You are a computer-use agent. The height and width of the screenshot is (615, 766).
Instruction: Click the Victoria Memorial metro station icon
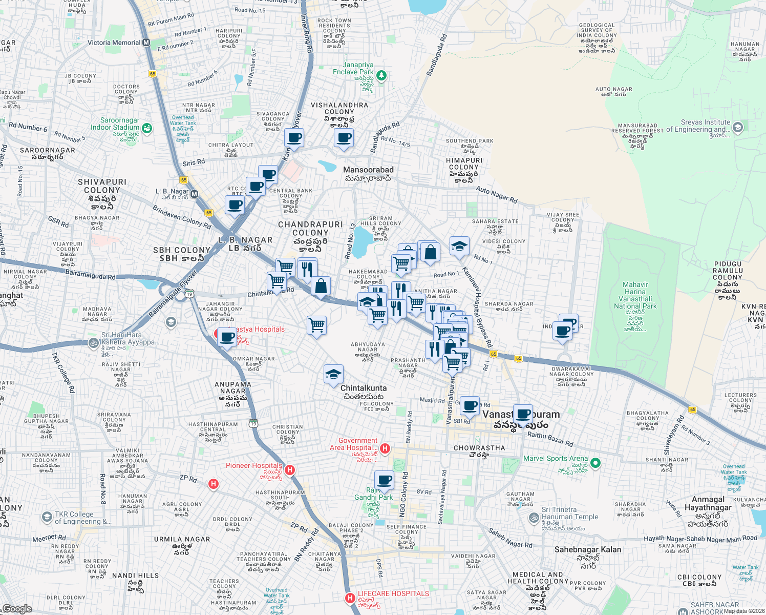click(146, 43)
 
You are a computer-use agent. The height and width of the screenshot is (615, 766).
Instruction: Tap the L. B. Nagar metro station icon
click(194, 194)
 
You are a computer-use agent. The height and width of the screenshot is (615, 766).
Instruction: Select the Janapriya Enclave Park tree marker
click(381, 76)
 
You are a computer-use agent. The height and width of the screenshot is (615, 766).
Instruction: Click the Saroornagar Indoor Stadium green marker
click(147, 128)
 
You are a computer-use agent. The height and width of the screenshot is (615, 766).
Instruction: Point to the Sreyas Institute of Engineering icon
click(738, 127)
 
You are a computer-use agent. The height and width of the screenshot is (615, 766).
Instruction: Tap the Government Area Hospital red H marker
click(385, 449)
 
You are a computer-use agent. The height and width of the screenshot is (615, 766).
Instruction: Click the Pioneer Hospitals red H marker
click(290, 470)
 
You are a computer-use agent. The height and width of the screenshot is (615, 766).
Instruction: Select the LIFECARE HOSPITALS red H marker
click(350, 598)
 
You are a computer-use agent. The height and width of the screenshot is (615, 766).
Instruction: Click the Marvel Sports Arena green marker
click(595, 463)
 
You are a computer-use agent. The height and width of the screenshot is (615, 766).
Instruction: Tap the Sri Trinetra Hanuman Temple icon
click(534, 517)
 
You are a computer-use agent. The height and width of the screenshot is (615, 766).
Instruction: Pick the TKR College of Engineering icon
click(47, 517)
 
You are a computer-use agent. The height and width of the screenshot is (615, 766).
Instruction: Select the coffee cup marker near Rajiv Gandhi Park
click(384, 480)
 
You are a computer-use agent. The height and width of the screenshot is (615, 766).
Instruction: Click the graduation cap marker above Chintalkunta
click(333, 374)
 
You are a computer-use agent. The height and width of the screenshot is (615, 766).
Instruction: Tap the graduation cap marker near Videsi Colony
click(459, 247)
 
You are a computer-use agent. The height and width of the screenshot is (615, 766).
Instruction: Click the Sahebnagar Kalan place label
click(588, 549)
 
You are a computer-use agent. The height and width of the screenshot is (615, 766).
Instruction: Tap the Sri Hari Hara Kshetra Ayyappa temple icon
click(93, 342)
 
